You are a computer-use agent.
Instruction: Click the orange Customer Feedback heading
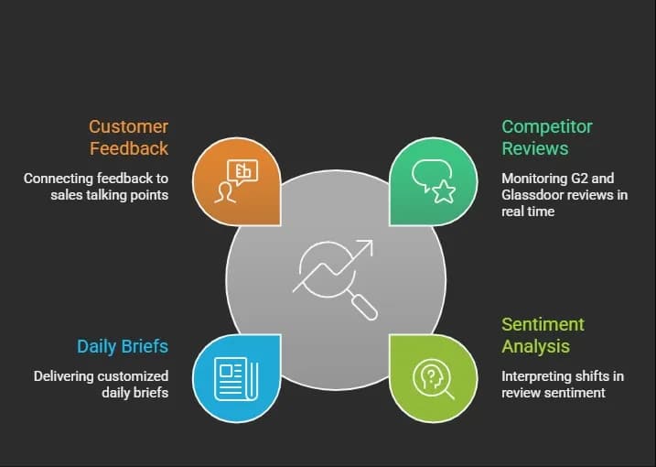pyautogui.click(x=129, y=137)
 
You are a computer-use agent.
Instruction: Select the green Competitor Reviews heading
pyautogui.click(x=547, y=137)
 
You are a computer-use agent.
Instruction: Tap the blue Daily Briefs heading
pyautogui.click(x=123, y=346)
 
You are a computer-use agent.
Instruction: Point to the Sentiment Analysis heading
pyautogui.click(x=543, y=335)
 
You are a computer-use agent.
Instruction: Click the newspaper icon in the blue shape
pyautogui.click(x=236, y=379)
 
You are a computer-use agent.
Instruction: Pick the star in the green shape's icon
pyautogui.click(x=444, y=191)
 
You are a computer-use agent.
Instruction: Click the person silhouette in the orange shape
pyautogui.click(x=225, y=192)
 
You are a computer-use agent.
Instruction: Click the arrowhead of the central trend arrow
pyautogui.click(x=365, y=247)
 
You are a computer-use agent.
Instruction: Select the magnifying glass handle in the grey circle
pyautogui.click(x=365, y=308)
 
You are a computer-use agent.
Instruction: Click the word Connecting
pyautogui.click(x=59, y=179)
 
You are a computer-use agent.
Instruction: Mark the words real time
pyautogui.click(x=528, y=212)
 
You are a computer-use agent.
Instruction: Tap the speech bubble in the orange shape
pyautogui.click(x=242, y=172)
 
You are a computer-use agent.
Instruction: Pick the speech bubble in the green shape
pyautogui.click(x=431, y=174)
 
